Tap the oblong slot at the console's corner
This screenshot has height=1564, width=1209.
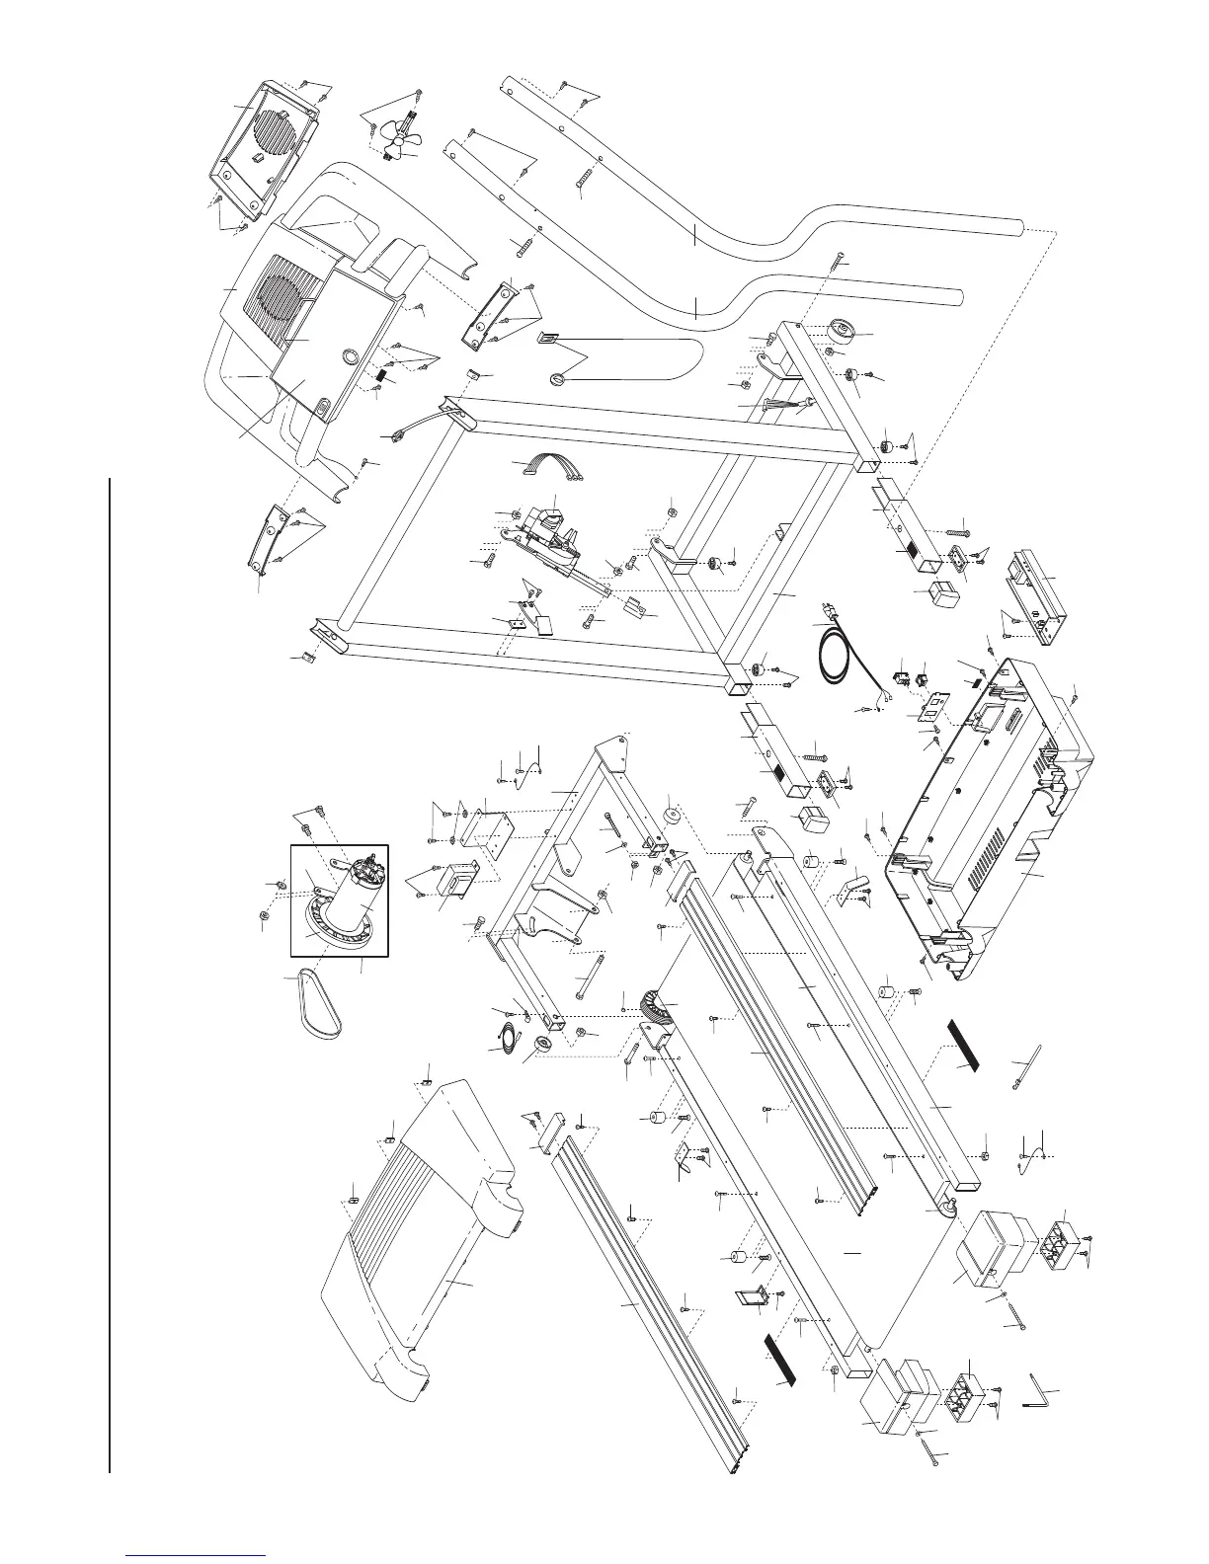click(322, 406)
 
